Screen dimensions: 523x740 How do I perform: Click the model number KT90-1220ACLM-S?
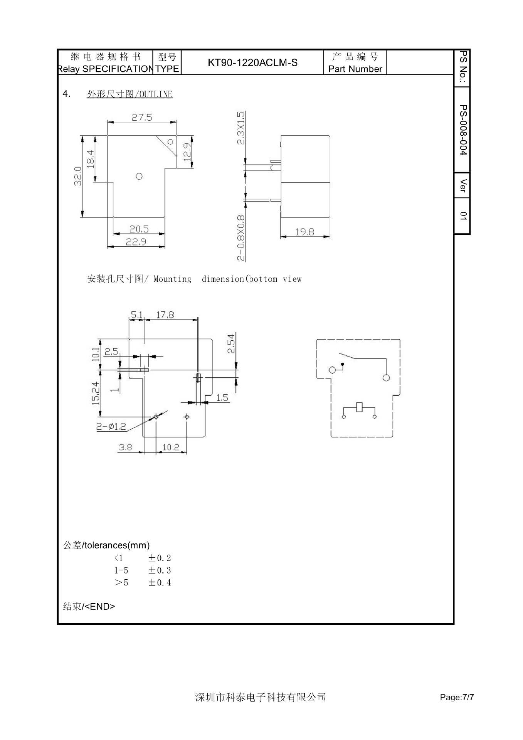click(x=252, y=62)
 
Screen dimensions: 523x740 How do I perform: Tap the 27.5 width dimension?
click(x=142, y=117)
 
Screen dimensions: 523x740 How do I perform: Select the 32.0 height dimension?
click(x=78, y=176)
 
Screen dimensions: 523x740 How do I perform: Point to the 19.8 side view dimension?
click(x=304, y=232)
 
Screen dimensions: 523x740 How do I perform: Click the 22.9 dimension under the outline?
click(x=136, y=242)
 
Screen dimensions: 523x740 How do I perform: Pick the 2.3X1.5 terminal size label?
click(x=240, y=128)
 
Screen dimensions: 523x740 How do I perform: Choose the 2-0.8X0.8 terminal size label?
click(x=240, y=238)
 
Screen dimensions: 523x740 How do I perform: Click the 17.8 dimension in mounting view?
click(x=165, y=315)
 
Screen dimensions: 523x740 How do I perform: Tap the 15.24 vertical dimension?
click(x=96, y=393)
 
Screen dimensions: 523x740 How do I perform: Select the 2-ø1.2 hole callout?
click(x=111, y=426)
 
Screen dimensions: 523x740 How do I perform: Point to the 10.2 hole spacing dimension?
click(x=171, y=447)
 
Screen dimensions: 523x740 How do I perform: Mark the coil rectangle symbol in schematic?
click(x=359, y=407)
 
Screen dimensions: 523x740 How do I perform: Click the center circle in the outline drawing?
click(x=139, y=176)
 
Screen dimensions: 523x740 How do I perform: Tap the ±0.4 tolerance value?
click(x=160, y=582)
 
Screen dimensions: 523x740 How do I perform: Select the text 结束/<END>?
click(x=89, y=606)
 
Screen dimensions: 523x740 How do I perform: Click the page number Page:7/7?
click(x=457, y=697)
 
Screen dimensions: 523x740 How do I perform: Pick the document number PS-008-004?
click(x=463, y=130)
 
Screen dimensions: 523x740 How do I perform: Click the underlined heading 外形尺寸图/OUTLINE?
click(x=130, y=94)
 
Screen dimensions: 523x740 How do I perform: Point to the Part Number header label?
click(x=355, y=69)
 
